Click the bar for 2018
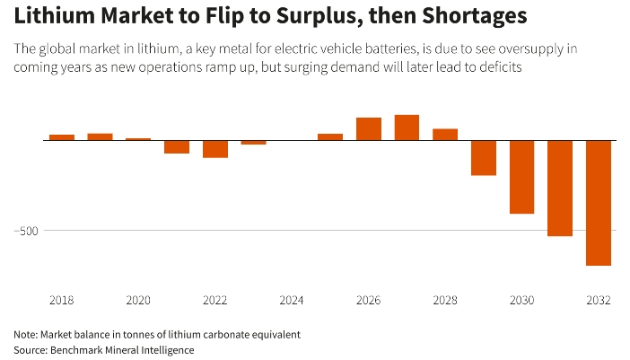(x=62, y=137)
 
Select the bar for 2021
(x=177, y=147)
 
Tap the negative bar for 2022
(x=215, y=149)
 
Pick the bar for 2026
(x=369, y=129)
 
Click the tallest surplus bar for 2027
(x=407, y=127)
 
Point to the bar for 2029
(x=484, y=158)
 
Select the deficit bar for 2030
(x=522, y=177)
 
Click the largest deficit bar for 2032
(x=599, y=203)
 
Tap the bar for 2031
(x=560, y=189)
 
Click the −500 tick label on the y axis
(x=28, y=231)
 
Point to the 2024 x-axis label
(x=292, y=300)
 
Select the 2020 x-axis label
(x=138, y=300)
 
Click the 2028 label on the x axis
(x=445, y=300)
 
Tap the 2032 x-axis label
(x=599, y=300)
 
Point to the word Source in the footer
(x=32, y=350)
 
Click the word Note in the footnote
(x=27, y=334)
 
